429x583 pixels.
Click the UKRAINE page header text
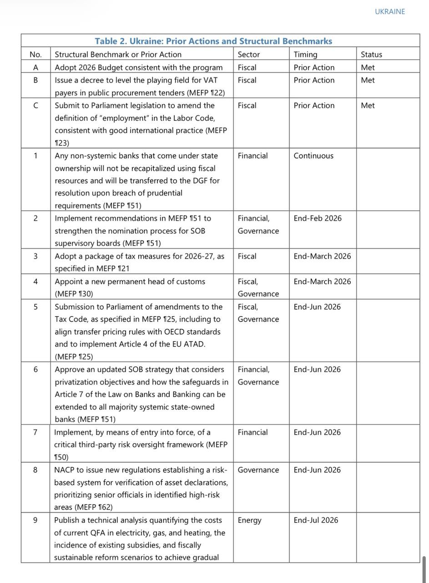point(389,12)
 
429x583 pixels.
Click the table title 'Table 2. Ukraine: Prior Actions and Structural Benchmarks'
point(213,41)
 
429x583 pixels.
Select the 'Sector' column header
point(249,55)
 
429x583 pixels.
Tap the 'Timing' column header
point(305,55)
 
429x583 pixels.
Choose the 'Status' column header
point(371,55)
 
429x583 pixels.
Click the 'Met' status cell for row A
point(368,67)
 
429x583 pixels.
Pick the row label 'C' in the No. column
point(35,105)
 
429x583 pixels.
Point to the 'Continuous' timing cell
point(313,156)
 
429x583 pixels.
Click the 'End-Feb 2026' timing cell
point(318,218)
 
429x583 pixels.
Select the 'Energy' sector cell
point(249,520)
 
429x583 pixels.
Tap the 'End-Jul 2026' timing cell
point(316,520)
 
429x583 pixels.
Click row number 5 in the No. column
point(35,307)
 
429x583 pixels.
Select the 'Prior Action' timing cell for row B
point(314,80)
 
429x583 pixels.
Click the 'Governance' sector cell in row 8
point(258,470)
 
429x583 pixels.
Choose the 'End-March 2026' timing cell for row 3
point(322,256)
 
